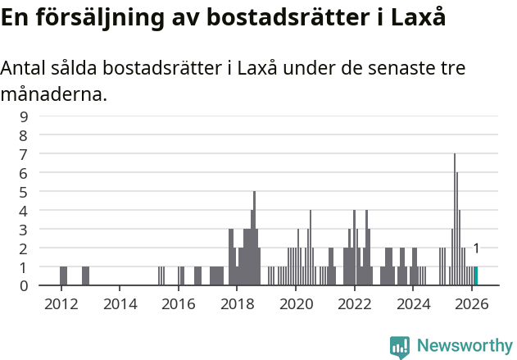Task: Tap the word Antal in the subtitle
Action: click(24, 69)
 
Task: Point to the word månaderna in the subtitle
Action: click(53, 95)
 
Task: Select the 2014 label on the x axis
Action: click(120, 303)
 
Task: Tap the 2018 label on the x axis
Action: click(237, 303)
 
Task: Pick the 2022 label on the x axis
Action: click(355, 303)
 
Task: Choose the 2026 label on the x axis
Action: click(472, 303)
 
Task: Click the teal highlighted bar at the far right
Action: click(476, 276)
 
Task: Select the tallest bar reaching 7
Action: click(455, 220)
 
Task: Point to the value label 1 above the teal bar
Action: click(476, 248)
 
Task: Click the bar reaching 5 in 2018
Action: click(255, 239)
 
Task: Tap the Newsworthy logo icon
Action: click(400, 346)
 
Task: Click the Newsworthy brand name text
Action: click(464, 346)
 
